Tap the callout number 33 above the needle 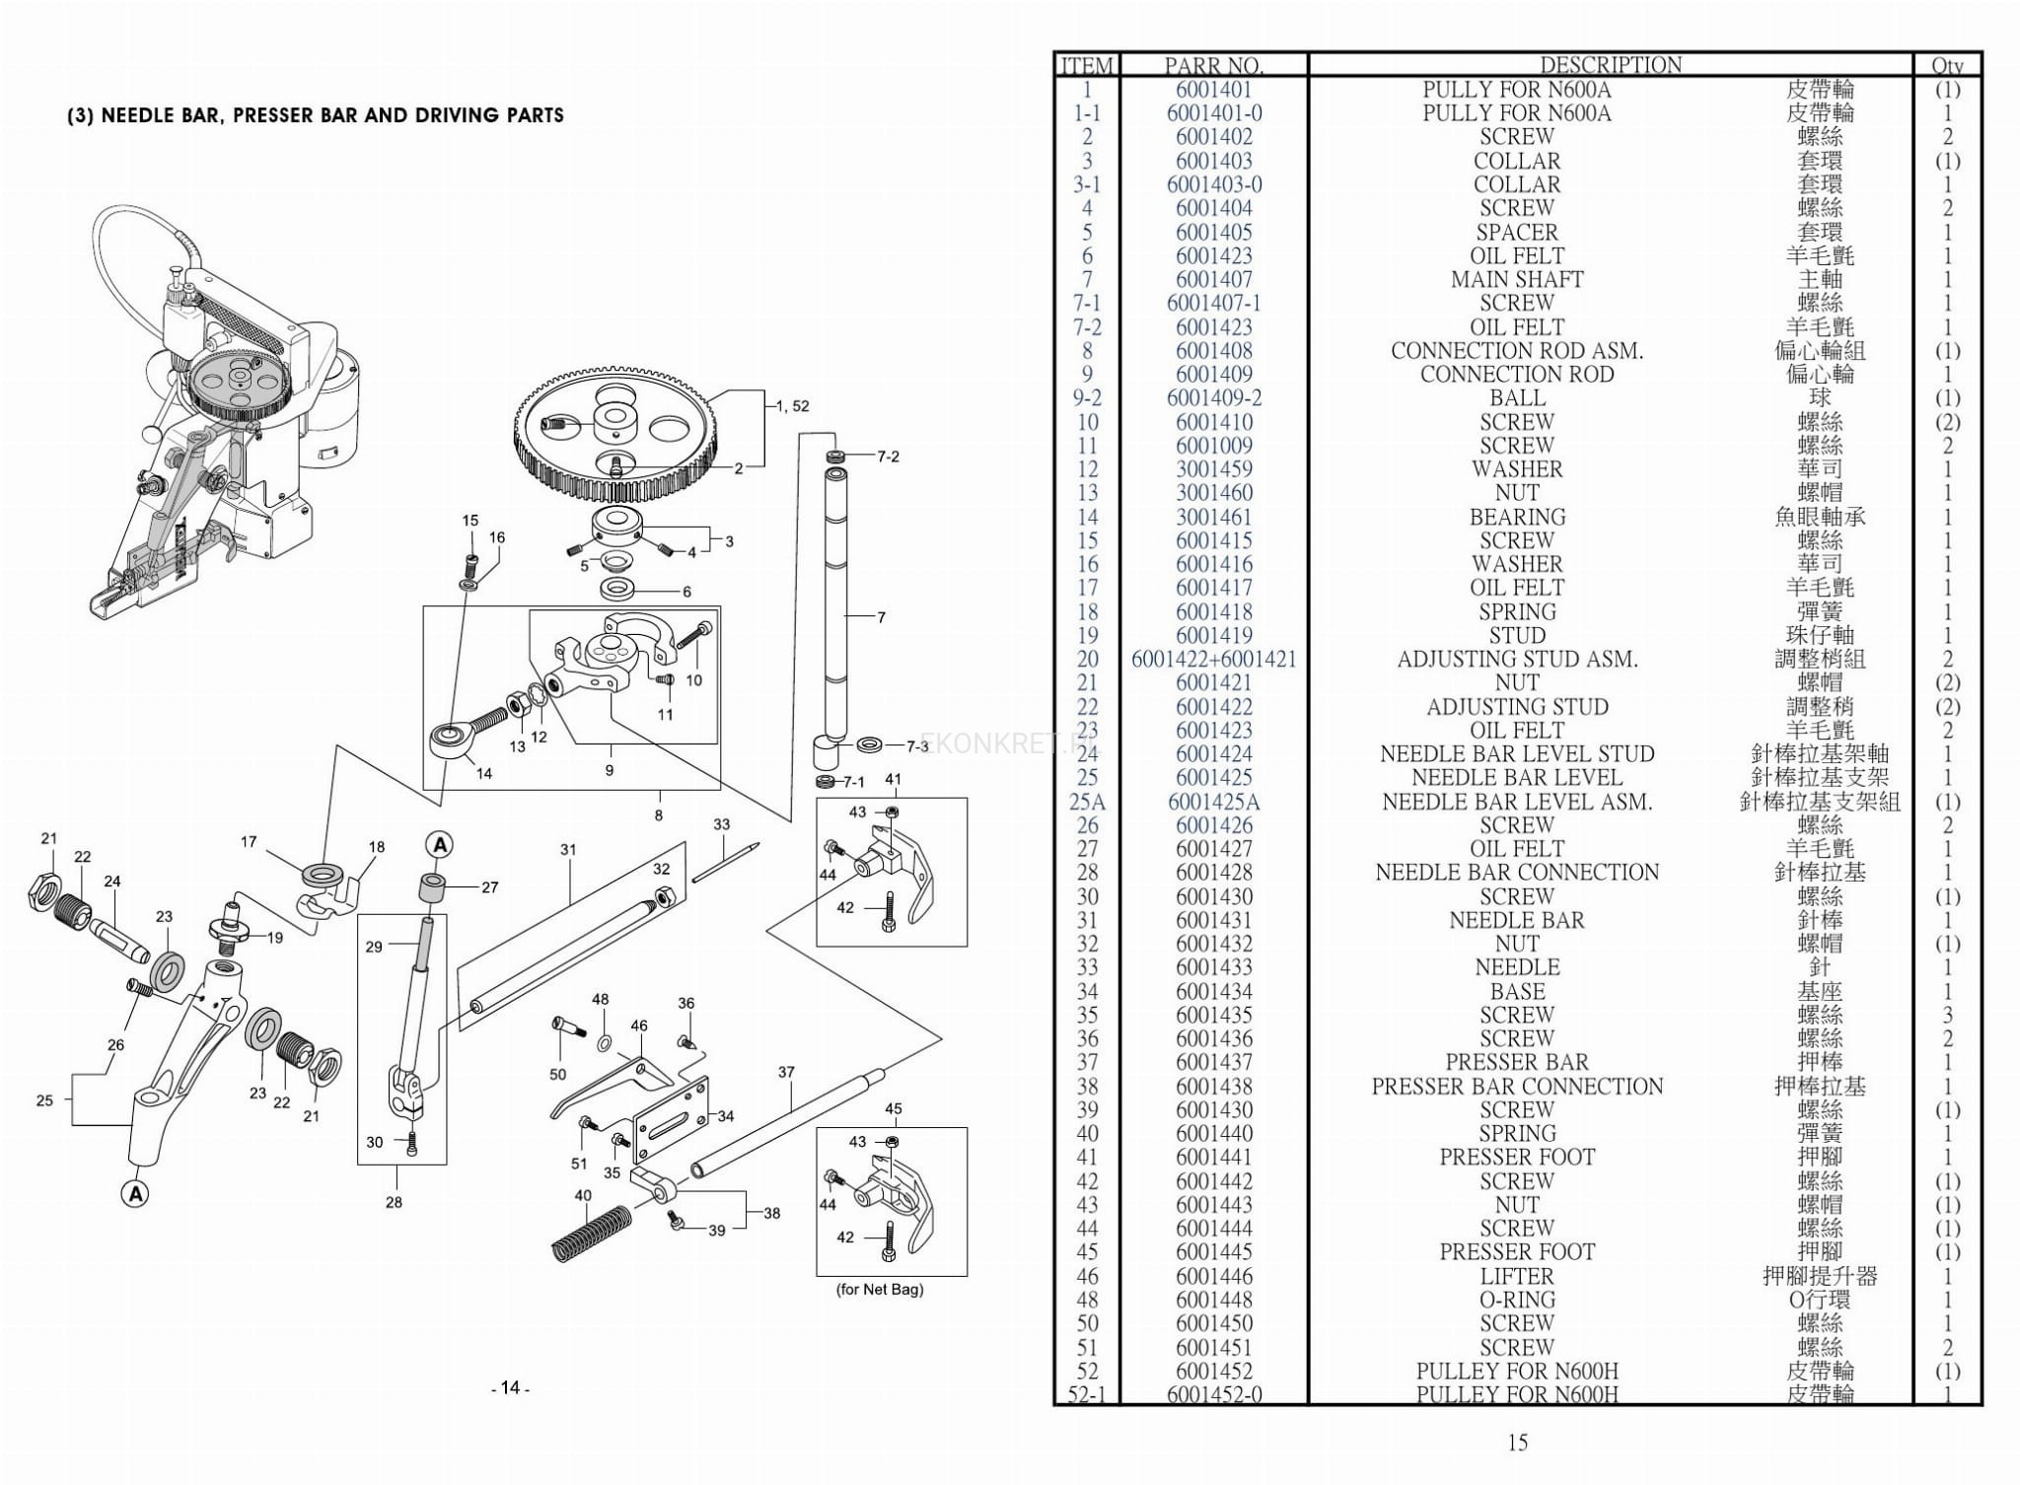pos(722,824)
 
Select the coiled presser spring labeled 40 pos(591,1233)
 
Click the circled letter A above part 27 pos(440,845)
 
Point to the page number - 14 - pos(510,1388)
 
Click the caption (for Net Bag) pos(880,1289)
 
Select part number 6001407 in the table pos(1214,280)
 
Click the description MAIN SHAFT pos(1517,280)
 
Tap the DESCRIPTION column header pos(1611,65)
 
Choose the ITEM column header pos(1087,66)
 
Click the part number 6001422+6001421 pos(1214,660)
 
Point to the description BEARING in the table pos(1517,518)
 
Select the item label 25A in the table pos(1087,803)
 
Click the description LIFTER pos(1517,1277)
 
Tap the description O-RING pos(1517,1301)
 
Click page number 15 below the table pos(1517,1443)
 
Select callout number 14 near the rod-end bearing pos(483,773)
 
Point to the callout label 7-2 pos(888,457)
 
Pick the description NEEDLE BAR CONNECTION pos(1517,873)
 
